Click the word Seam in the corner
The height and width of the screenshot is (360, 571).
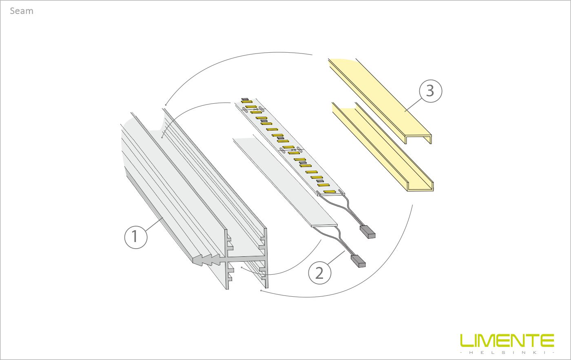[22, 11]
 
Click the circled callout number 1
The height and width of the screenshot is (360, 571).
[135, 237]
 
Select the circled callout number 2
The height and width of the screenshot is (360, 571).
[320, 273]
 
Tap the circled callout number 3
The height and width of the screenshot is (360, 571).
[431, 91]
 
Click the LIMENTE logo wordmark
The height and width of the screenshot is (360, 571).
[507, 340]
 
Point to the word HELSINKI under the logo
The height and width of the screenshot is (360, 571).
[507, 353]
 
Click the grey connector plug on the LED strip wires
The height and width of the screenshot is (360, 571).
[367, 232]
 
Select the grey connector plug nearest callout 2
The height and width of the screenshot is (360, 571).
[358, 261]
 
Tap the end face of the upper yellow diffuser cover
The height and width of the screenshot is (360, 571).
[418, 139]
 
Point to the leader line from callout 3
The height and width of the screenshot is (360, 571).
[412, 105]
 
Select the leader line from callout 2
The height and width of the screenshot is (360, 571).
[336, 258]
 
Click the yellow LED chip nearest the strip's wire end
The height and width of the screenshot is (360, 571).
[329, 191]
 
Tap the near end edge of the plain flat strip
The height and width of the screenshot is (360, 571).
[325, 225]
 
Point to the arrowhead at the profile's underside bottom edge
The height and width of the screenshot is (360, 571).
[261, 290]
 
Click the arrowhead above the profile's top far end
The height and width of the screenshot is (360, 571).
[166, 104]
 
